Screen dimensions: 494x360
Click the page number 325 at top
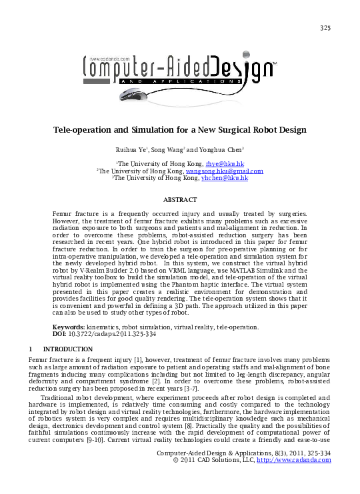point(325,28)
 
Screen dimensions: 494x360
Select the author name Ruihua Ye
point(132,149)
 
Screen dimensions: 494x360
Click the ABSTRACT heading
point(180,200)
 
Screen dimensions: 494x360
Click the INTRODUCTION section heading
point(67,349)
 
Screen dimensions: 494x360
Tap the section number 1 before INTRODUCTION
point(31,349)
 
